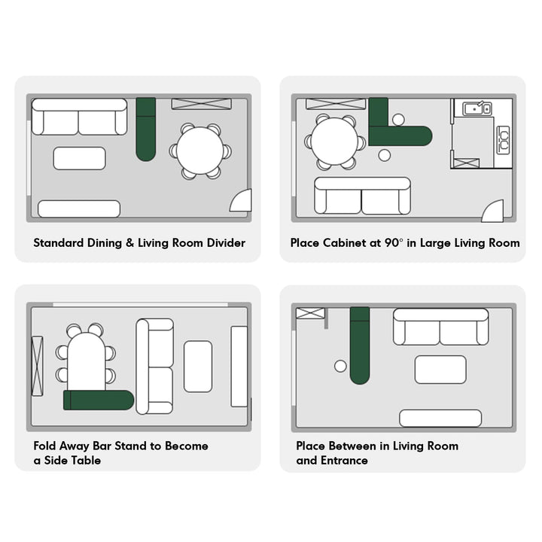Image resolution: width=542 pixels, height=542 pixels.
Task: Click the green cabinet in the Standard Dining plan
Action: [x=146, y=129]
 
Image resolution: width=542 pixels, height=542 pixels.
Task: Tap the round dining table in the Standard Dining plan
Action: [x=200, y=151]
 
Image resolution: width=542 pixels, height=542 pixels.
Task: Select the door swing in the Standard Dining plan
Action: [x=241, y=200]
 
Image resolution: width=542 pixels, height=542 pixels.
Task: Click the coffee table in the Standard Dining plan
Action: [x=80, y=158]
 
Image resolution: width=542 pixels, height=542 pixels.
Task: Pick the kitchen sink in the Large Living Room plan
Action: [x=477, y=109]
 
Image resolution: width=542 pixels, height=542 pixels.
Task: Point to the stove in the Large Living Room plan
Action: [x=503, y=140]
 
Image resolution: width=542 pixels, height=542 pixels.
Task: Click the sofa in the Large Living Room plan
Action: [x=363, y=196]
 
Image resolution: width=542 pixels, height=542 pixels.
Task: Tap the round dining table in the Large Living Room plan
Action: [x=334, y=142]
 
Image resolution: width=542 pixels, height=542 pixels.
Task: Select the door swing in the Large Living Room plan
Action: [x=492, y=211]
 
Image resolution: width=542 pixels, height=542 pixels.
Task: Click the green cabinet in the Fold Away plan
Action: [x=99, y=400]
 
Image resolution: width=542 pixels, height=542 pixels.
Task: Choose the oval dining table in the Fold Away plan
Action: [x=87, y=362]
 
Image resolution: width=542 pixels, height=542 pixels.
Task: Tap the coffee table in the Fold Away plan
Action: [x=198, y=367]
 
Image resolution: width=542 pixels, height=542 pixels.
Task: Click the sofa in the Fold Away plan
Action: [x=154, y=367]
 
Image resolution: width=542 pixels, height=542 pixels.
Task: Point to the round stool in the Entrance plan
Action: [x=340, y=366]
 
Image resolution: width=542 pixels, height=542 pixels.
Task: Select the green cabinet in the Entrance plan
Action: [x=360, y=346]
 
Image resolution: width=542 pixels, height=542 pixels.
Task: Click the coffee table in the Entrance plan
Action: [x=440, y=370]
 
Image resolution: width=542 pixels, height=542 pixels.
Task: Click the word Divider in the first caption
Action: [x=226, y=242]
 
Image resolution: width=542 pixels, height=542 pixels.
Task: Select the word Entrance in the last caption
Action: [x=344, y=461]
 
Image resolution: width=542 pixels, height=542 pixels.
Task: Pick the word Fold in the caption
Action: [x=45, y=446]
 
